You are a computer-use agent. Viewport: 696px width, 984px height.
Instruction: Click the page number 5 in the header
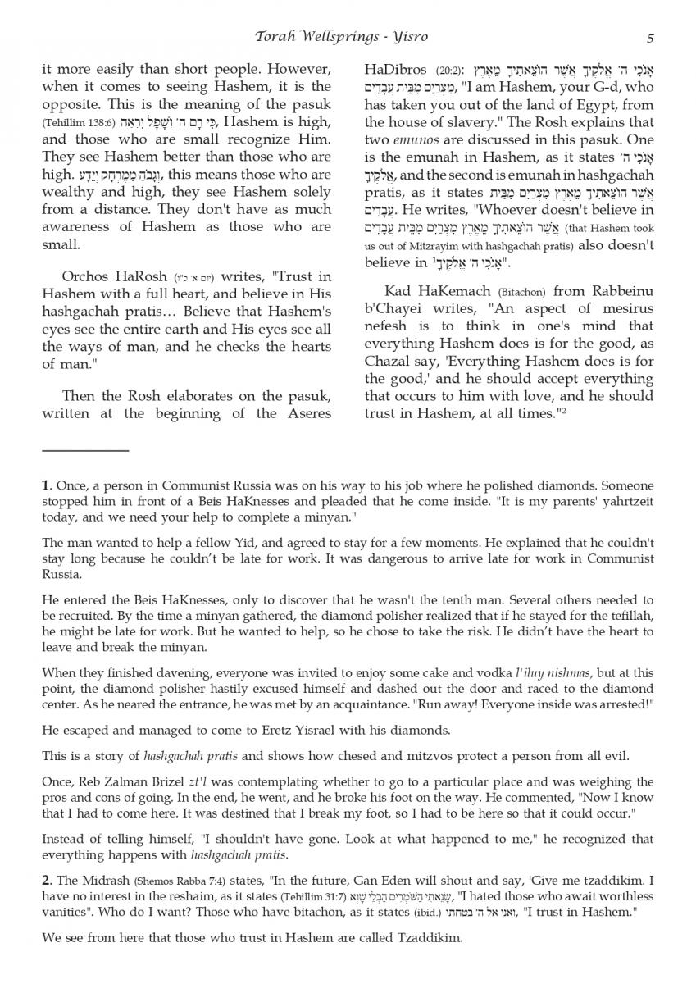click(649, 38)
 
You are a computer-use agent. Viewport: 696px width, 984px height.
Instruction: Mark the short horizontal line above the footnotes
click(85, 450)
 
